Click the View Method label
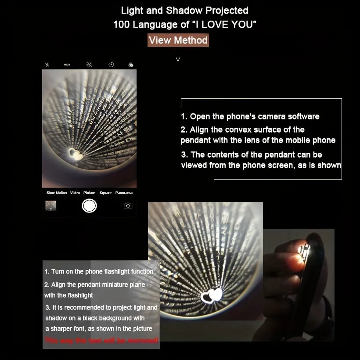(x=178, y=40)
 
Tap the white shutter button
(x=89, y=205)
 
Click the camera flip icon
(x=128, y=205)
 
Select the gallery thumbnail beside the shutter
(x=50, y=205)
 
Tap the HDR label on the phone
(x=67, y=65)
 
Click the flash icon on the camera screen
(x=47, y=65)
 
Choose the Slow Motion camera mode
(x=57, y=193)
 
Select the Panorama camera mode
(x=124, y=193)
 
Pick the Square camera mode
(x=105, y=193)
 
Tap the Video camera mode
(x=75, y=193)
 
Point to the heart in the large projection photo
(x=211, y=296)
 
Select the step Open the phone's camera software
(x=250, y=116)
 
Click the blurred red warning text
(x=101, y=340)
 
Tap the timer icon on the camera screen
(x=112, y=65)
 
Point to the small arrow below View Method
(x=178, y=59)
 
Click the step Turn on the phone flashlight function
(x=99, y=272)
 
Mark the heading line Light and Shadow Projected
(x=184, y=11)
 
